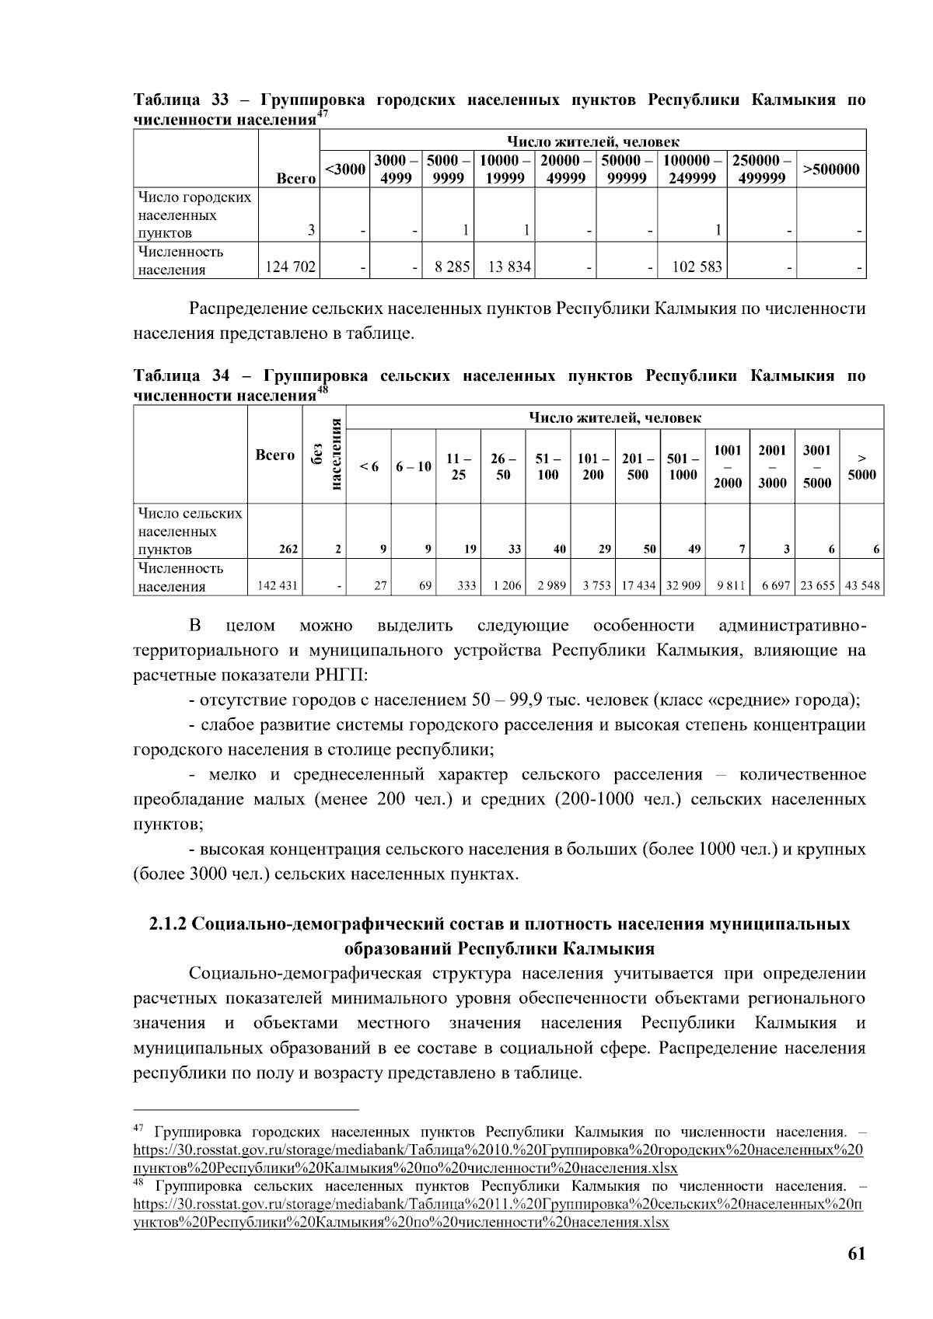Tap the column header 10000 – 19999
point(504,169)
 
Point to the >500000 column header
point(831,169)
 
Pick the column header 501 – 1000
point(682,466)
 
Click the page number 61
point(857,1254)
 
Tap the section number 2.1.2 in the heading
point(168,924)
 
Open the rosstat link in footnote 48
point(498,1205)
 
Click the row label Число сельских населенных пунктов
point(190,532)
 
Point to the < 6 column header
point(369,466)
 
